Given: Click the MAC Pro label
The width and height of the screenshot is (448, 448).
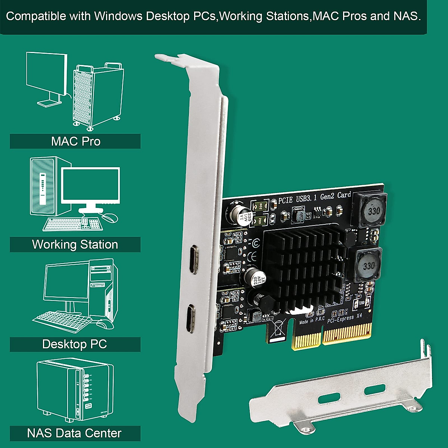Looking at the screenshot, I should point(75,141).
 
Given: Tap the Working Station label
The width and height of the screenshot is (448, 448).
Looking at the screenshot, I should point(75,245).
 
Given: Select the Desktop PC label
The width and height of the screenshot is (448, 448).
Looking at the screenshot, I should point(75,344).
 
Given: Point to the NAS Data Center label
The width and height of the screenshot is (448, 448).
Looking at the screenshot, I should point(74,433).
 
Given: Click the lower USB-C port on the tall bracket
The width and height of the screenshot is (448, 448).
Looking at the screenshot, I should point(192,318).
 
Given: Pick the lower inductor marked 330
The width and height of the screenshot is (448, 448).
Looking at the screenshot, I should point(367,265).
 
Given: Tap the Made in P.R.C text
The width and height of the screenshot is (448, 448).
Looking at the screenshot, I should point(312,320).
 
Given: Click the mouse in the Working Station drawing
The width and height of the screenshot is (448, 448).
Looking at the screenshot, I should point(110,218).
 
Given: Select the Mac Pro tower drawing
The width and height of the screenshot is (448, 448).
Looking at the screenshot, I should point(98,95).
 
